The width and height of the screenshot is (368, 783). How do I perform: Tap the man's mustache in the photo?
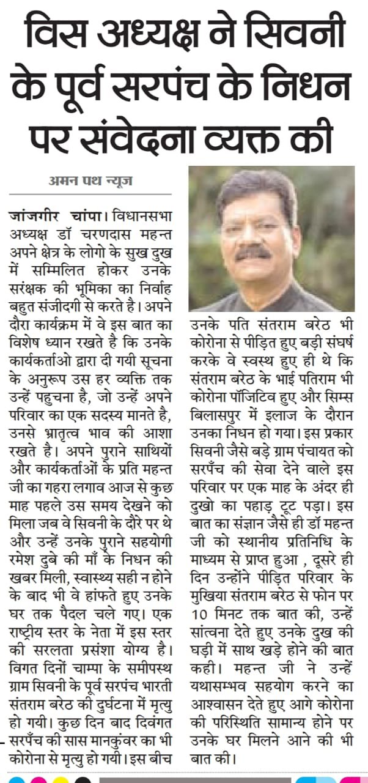(252, 251)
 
